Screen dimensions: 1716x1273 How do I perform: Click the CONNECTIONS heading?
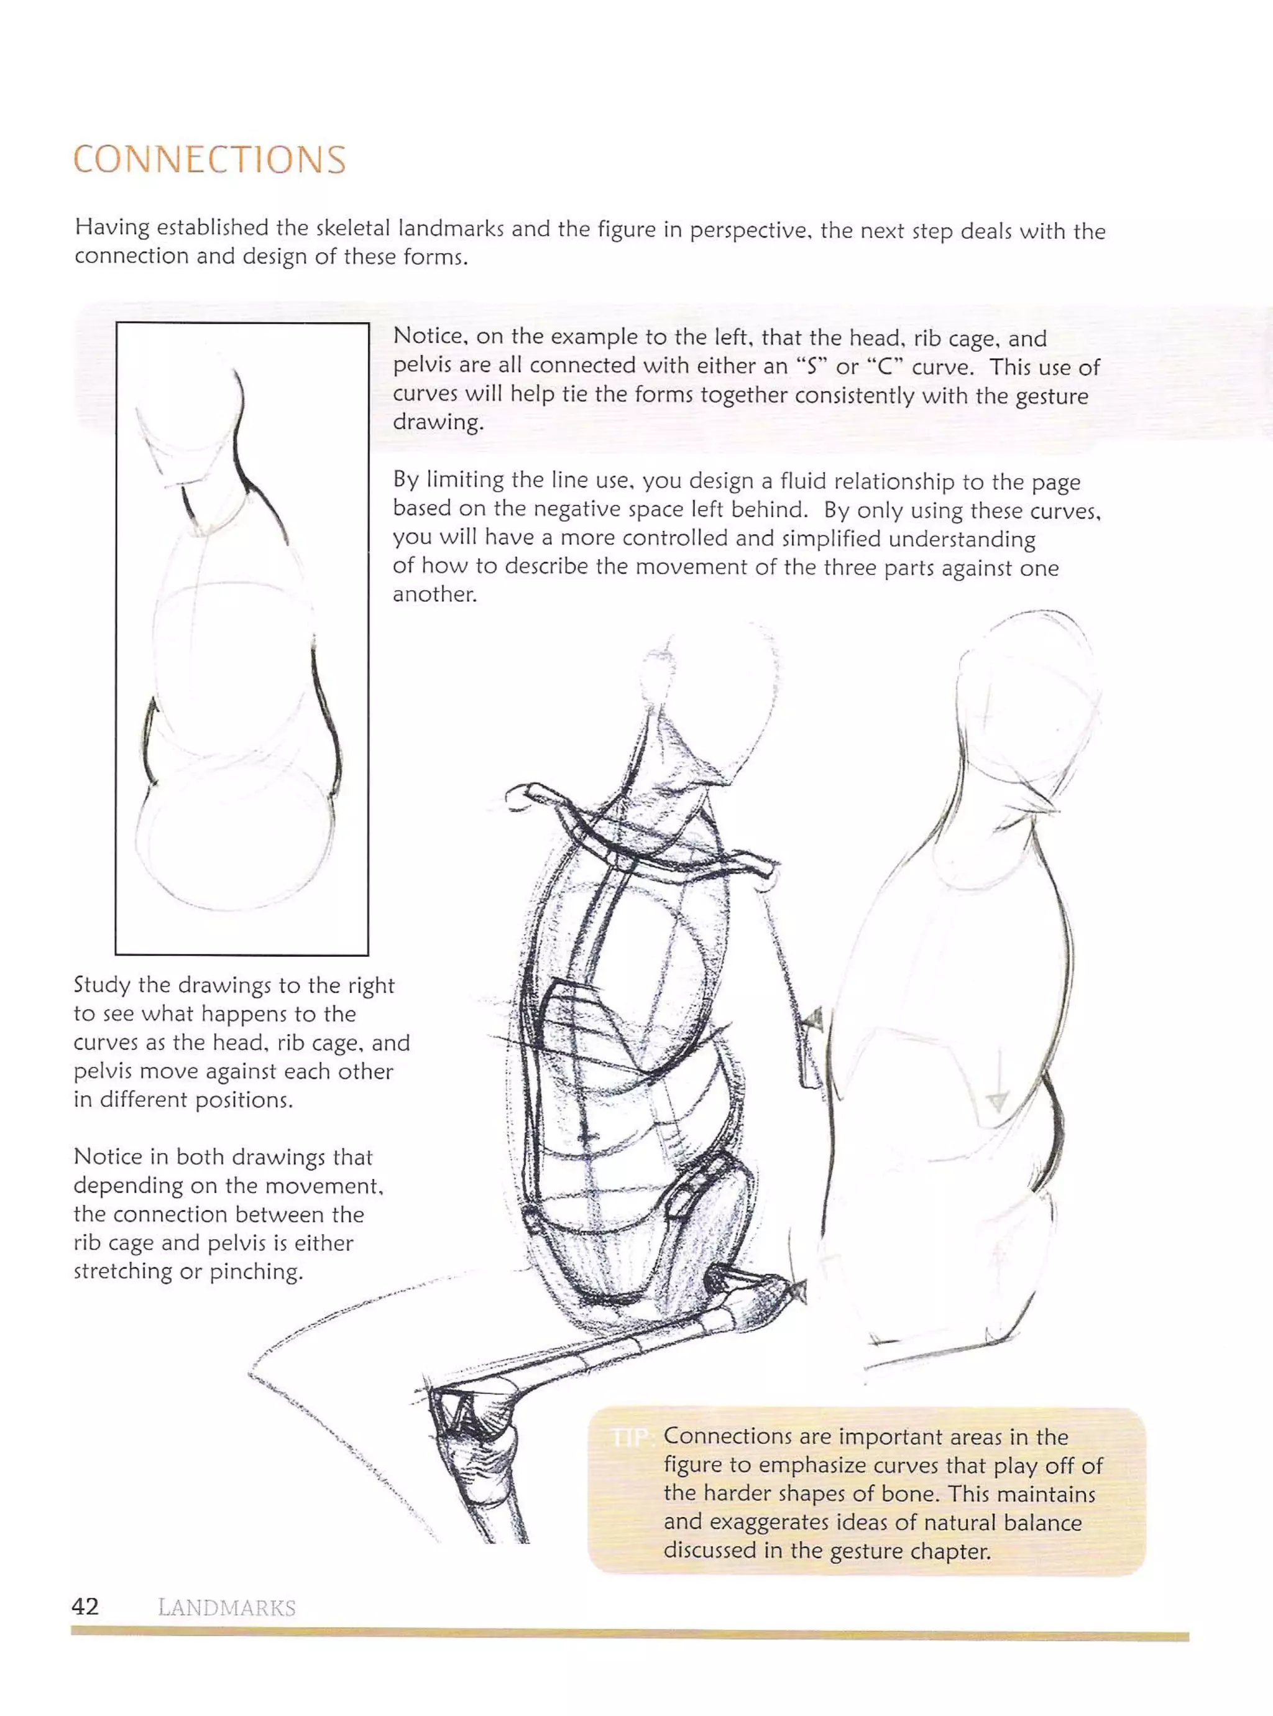pyautogui.click(x=209, y=160)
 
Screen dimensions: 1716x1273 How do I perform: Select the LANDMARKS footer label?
pyautogui.click(x=226, y=1608)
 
